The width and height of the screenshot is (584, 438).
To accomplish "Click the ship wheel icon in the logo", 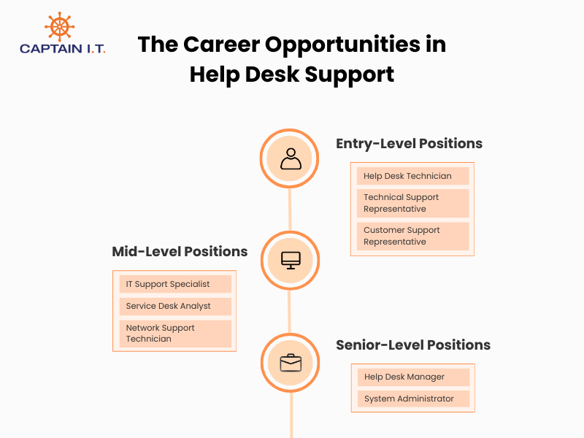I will (59, 26).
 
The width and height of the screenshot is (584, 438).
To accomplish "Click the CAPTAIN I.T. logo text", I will (63, 49).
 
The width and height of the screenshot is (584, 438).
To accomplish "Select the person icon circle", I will (290, 158).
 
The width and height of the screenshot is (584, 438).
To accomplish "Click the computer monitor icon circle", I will (290, 260).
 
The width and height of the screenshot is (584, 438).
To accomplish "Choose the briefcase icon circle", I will (290, 362).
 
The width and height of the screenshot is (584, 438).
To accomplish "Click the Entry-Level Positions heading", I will (409, 144).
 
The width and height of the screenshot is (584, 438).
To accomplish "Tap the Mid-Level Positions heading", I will (180, 252).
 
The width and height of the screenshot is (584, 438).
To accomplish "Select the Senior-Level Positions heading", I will (412, 345).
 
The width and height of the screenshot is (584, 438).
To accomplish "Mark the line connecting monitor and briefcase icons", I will (290, 311).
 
